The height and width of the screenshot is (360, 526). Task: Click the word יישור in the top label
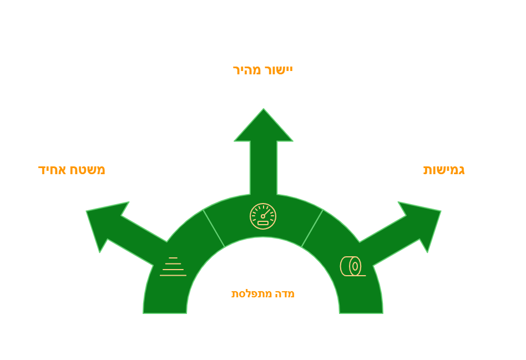coord(278,70)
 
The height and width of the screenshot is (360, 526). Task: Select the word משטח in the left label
coord(87,170)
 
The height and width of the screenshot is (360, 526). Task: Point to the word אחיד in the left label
coord(52,170)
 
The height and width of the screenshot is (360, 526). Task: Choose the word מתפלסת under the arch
coord(251,294)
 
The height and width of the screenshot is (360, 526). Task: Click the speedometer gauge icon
coord(263,216)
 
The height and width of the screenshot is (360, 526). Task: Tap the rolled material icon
coord(352,266)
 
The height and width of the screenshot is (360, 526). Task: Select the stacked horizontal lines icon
coord(173,267)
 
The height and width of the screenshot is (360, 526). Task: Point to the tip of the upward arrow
coord(264,109)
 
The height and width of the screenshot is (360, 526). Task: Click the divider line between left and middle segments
coord(214,229)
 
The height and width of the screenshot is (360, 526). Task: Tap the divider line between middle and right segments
coord(312,229)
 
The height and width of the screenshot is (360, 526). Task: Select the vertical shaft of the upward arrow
coord(264,168)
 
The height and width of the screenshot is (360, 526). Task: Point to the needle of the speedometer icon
coord(266,213)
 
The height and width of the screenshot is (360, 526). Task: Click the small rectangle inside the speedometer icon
coord(263,223)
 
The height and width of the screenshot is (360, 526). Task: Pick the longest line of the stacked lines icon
coord(173,276)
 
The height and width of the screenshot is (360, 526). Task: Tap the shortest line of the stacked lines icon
coord(173,258)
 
